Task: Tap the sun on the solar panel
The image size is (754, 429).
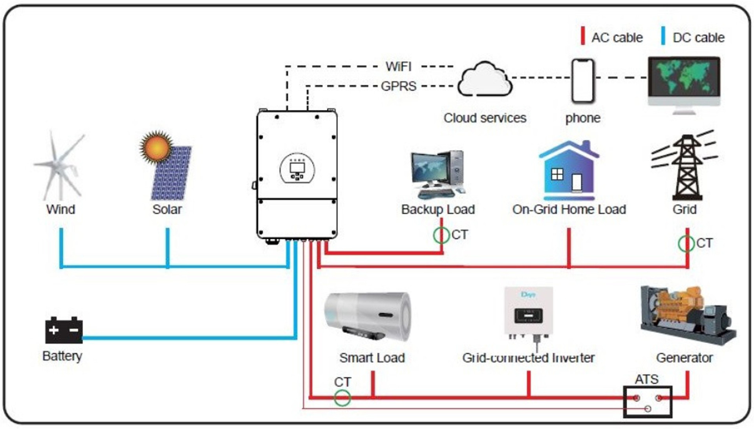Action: click(x=156, y=147)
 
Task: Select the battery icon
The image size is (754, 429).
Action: click(x=64, y=330)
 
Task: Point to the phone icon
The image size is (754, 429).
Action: click(x=583, y=81)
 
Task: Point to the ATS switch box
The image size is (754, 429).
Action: click(x=648, y=402)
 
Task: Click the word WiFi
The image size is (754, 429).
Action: click(x=398, y=67)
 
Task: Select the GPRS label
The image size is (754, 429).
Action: click(x=399, y=86)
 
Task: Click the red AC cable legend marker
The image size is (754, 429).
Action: click(x=583, y=36)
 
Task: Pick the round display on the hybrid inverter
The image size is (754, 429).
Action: click(x=297, y=169)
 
